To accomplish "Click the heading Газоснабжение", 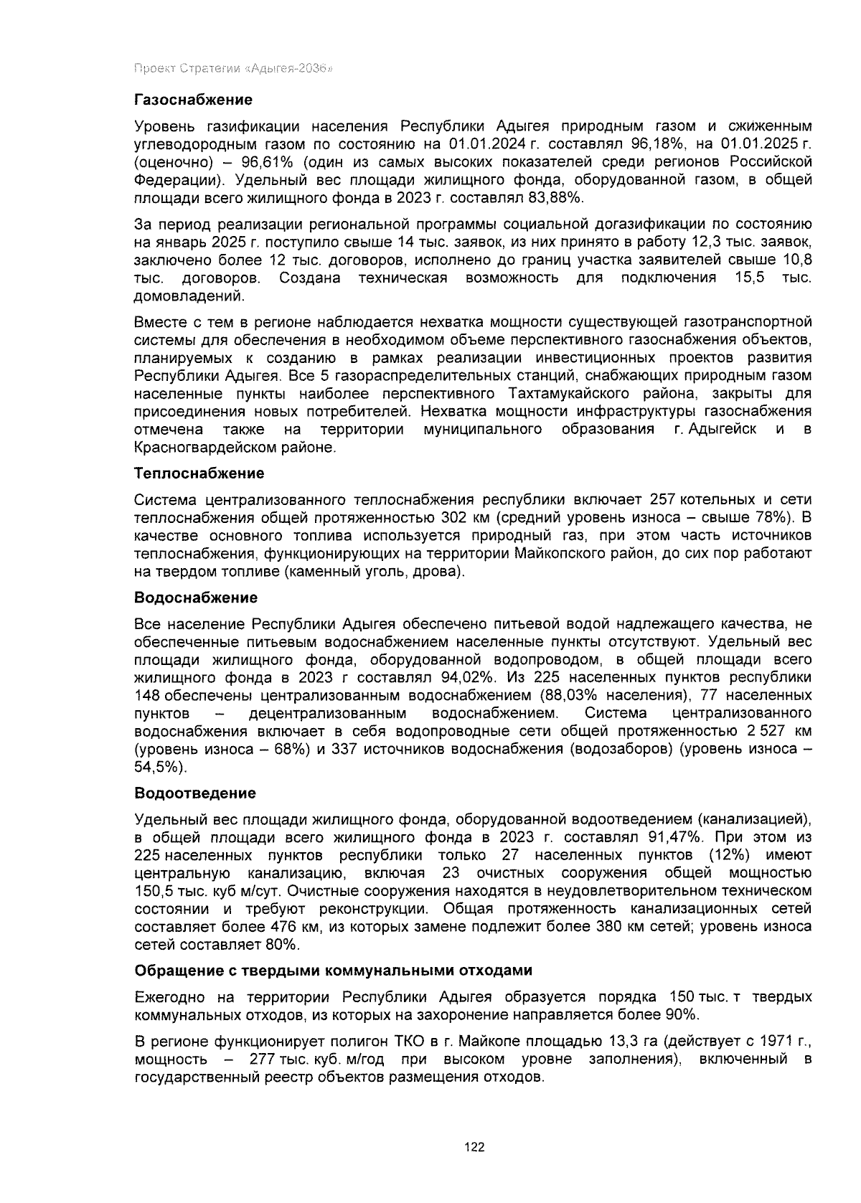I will pos(194,99).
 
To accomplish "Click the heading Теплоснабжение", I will pos(199,473).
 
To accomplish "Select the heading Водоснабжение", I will pos(196,598).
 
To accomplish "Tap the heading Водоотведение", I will pos(195,793).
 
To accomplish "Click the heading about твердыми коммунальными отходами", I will pos(334,971).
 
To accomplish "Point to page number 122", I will pos(475,1147).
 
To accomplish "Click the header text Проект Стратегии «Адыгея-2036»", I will pos(232,69).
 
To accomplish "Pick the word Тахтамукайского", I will pos(569,394).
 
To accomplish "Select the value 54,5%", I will pos(160,767).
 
